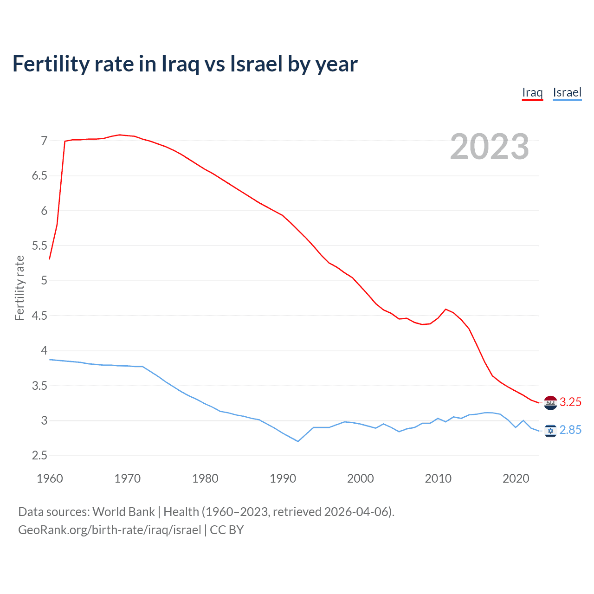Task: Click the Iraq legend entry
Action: click(532, 92)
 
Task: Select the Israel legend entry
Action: click(567, 92)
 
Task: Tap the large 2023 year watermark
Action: click(490, 147)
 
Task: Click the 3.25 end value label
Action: click(570, 402)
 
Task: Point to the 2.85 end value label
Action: click(570, 430)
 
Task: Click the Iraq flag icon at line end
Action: click(550, 402)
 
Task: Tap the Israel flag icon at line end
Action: click(550, 431)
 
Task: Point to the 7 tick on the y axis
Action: click(44, 141)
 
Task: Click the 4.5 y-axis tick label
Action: click(39, 316)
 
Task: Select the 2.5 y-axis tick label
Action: click(39, 456)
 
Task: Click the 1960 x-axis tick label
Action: click(50, 478)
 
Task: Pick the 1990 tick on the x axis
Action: click(283, 478)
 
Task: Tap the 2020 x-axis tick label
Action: click(516, 478)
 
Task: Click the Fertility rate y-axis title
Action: click(19, 288)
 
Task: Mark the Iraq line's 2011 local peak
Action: click(445, 309)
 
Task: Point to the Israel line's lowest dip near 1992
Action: click(298, 441)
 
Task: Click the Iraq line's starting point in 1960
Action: click(50, 258)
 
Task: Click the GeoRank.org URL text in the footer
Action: click(110, 530)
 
